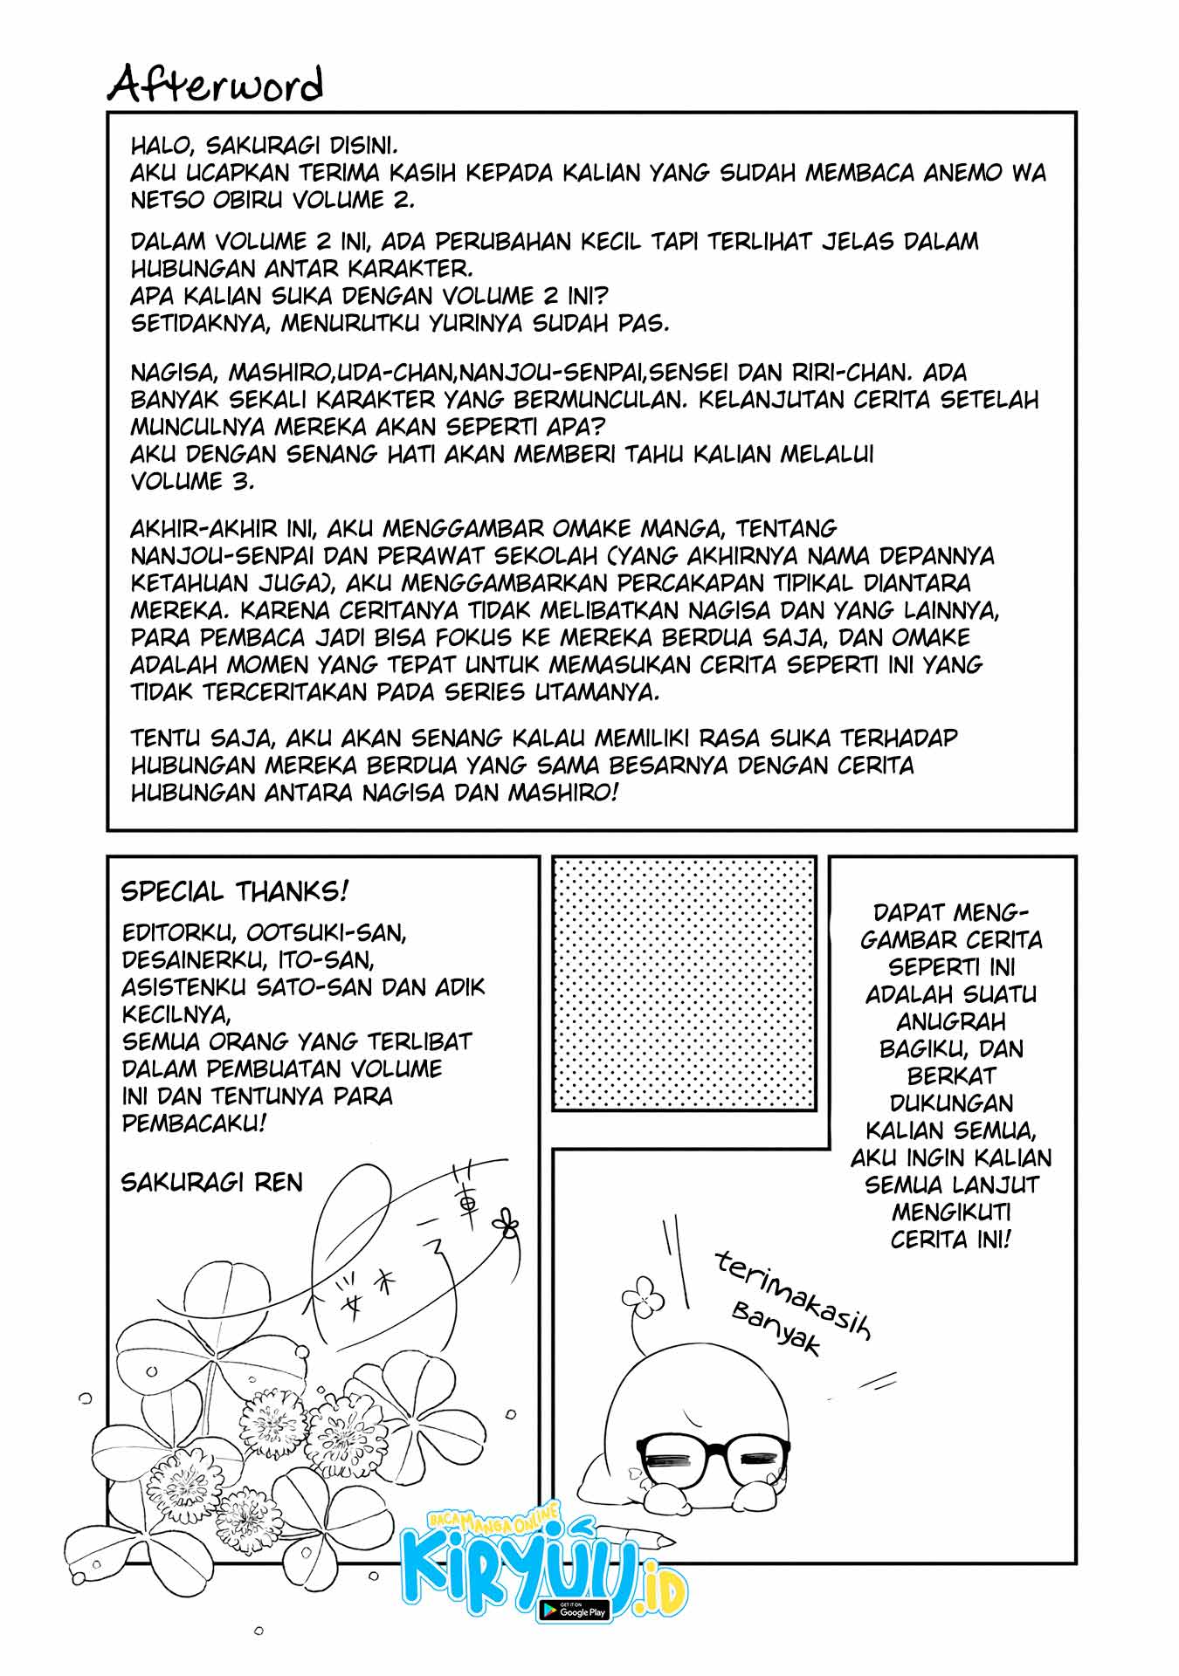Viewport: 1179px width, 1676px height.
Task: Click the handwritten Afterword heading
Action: point(216,85)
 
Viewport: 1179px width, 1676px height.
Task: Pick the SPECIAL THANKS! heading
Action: point(235,891)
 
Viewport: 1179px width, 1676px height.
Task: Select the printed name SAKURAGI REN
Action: point(212,1182)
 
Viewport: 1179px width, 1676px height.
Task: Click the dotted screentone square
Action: point(685,983)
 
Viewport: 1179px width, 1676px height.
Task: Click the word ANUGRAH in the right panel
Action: point(951,1021)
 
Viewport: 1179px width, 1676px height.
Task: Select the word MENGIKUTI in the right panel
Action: point(951,1212)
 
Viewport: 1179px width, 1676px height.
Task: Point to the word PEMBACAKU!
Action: point(195,1123)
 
